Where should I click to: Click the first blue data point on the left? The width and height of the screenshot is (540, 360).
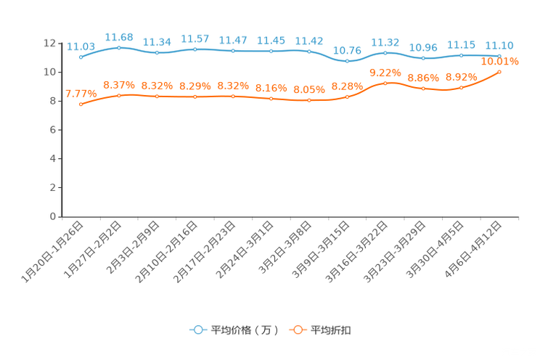[81, 57]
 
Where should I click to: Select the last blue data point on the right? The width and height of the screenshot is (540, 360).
[499, 55]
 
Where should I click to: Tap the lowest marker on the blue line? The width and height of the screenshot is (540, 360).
[348, 62]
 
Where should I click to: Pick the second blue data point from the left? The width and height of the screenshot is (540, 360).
[119, 47]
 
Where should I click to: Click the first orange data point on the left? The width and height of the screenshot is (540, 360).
[81, 105]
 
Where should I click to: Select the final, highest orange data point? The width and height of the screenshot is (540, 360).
[499, 72]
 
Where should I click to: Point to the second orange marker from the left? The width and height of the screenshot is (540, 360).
[119, 96]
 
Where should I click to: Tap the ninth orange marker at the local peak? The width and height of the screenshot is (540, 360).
[385, 82]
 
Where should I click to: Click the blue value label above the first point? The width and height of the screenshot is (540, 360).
[75, 46]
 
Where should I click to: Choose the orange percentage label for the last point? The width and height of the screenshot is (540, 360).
[500, 62]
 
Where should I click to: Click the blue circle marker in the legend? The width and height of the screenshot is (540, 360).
[198, 330]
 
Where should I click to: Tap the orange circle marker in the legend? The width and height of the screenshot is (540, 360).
[297, 330]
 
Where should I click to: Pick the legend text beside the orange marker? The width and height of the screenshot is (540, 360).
[332, 330]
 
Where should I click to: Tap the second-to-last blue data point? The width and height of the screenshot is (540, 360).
[461, 55]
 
